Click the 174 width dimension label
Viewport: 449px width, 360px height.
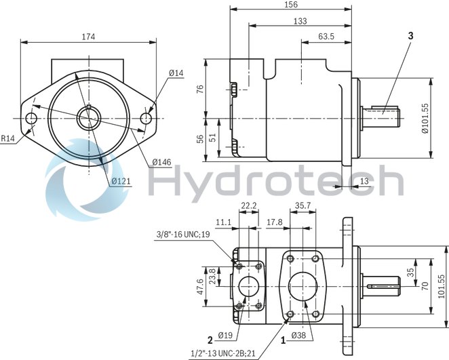click(x=88, y=35)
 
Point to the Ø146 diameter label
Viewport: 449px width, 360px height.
click(x=161, y=161)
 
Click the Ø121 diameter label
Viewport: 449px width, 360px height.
click(x=121, y=181)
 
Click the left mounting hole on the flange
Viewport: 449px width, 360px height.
click(x=31, y=119)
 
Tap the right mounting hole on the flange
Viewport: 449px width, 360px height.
click(x=146, y=119)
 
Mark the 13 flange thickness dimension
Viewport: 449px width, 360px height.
click(x=364, y=180)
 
